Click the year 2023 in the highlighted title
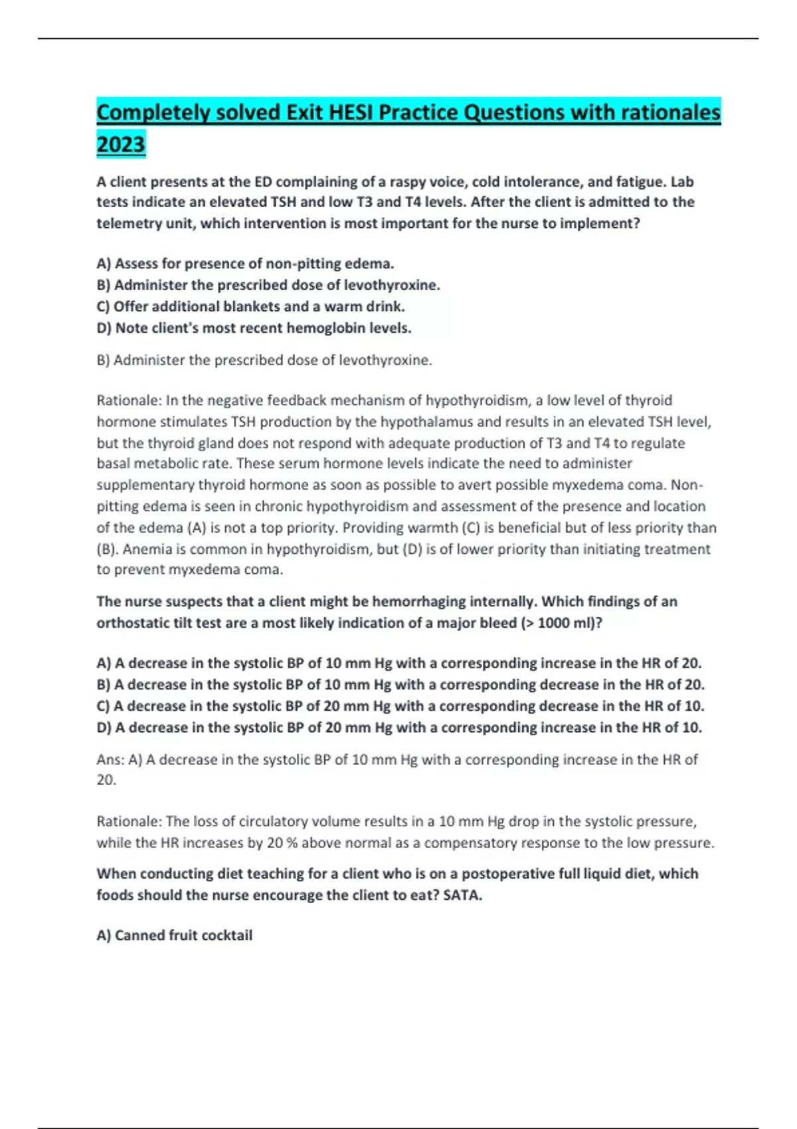point(120,144)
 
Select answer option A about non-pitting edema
point(245,264)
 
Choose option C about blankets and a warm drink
point(250,306)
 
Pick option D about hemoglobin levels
point(254,327)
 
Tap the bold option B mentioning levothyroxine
point(268,285)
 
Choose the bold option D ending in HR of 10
point(398,727)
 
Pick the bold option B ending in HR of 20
point(400,685)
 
